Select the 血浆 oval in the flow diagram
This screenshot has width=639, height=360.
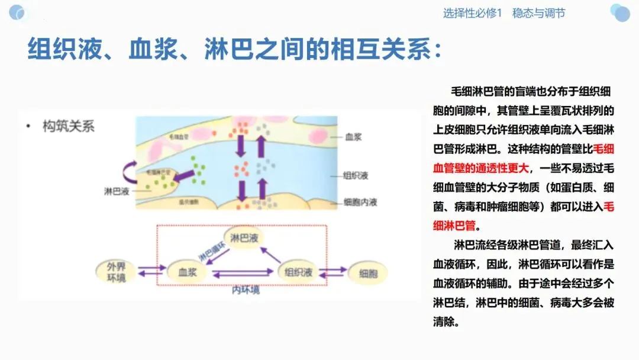pyautogui.click(x=191, y=272)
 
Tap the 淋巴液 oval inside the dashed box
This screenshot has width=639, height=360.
pyautogui.click(x=244, y=239)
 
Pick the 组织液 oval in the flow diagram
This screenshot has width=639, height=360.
pyautogui.click(x=299, y=272)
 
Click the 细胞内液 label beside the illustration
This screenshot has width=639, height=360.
pyautogui.click(x=360, y=202)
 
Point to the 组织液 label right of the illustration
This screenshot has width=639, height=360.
pyautogui.click(x=356, y=176)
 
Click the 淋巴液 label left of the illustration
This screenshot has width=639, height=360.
pyautogui.click(x=116, y=191)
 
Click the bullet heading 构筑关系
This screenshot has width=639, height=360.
pyautogui.click(x=68, y=126)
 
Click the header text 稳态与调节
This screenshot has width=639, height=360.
pyautogui.click(x=538, y=13)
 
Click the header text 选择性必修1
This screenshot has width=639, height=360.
pyautogui.click(x=472, y=13)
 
